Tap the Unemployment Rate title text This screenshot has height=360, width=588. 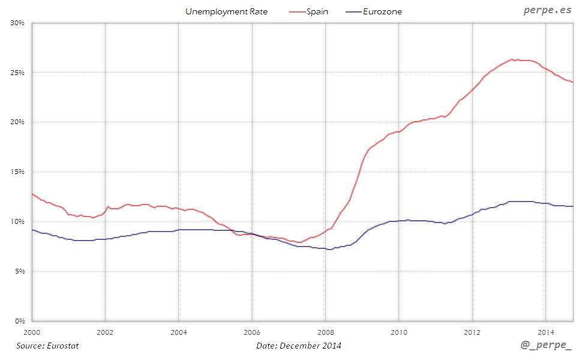click(226, 11)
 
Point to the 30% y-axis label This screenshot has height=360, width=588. click(17, 23)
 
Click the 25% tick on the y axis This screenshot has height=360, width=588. click(17, 73)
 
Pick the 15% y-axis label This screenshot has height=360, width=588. click(17, 172)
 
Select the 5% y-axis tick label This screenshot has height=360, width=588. click(19, 271)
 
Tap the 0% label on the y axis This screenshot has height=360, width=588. click(19, 321)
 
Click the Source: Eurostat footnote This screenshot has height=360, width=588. click(47, 346)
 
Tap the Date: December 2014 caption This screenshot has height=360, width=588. click(299, 346)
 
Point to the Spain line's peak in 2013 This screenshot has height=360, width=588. click(511, 59)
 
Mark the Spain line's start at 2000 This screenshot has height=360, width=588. click(32, 193)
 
